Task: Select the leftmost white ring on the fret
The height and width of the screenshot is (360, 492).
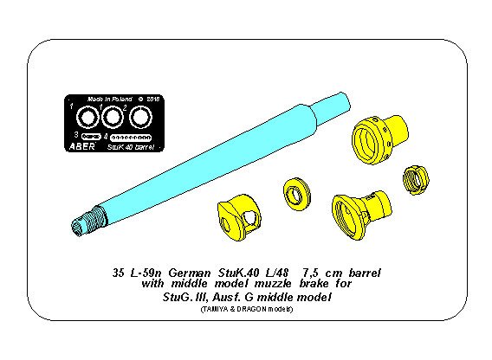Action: point(87,115)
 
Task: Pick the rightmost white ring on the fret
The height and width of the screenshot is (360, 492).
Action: point(139,115)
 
